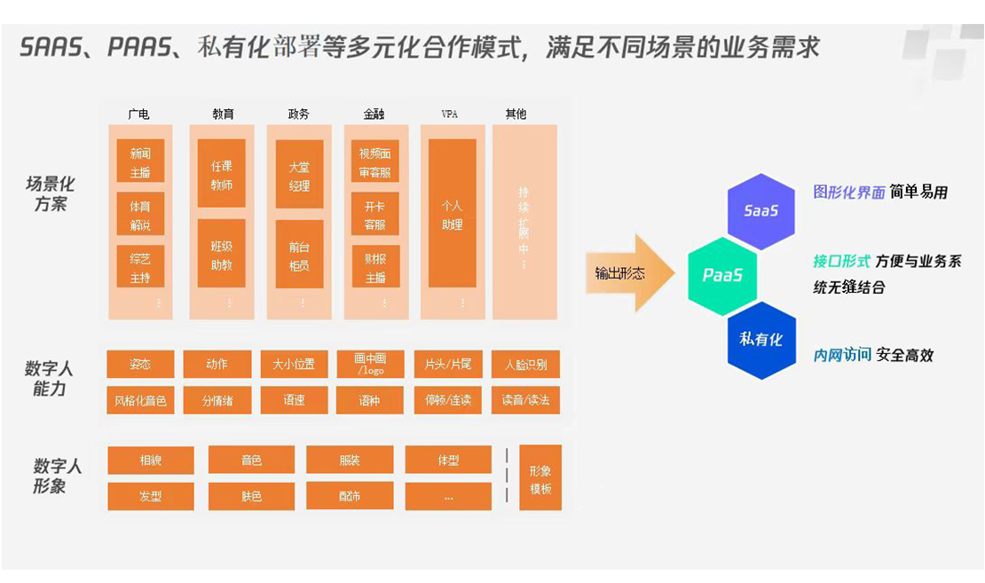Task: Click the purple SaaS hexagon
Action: (760, 211)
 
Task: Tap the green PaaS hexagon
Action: (722, 276)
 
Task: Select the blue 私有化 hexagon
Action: (760, 340)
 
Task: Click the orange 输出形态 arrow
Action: (626, 273)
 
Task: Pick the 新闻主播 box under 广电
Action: (140, 161)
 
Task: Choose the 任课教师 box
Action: (222, 175)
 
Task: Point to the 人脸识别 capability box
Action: (525, 365)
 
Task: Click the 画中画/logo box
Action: (370, 365)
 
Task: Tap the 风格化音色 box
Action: (140, 400)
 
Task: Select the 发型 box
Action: (150, 496)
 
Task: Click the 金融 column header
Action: (374, 114)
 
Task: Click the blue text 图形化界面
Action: (849, 193)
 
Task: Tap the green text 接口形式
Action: (841, 262)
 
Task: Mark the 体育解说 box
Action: (140, 214)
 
